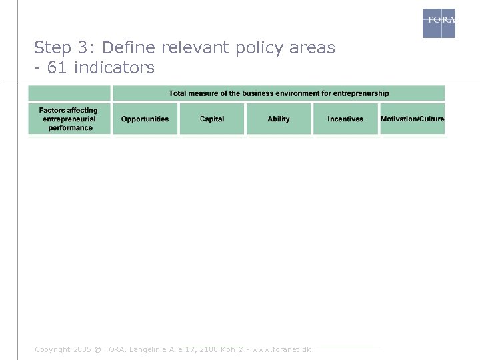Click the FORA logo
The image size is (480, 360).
pos(439,23)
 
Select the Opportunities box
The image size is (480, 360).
pos(145,119)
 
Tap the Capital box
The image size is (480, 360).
pos(212,119)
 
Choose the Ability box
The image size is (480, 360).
pos(279,119)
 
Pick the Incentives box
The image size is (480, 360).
pos(345,119)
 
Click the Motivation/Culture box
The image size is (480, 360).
pos(412,119)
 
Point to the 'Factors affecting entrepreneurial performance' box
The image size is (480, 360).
pos(69,119)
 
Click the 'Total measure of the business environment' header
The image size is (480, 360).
pos(279,93)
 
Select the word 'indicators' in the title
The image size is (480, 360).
pos(114,68)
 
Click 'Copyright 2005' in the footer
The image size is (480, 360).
pos(62,349)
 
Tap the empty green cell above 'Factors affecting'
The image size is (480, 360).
pos(69,93)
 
